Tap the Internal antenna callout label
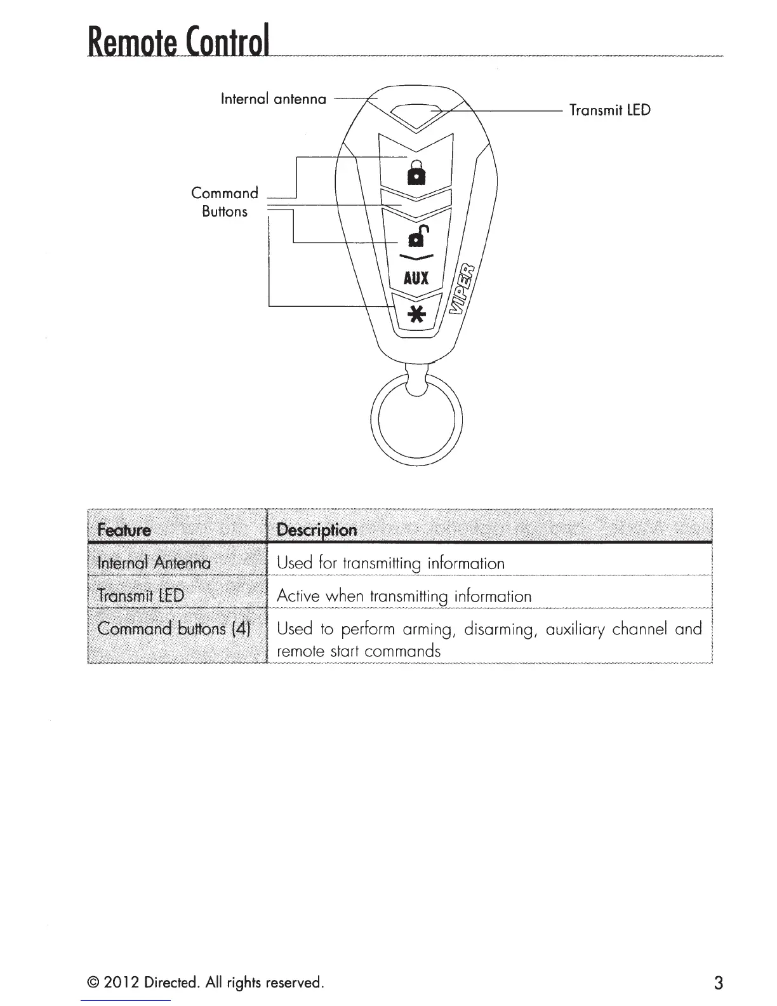(x=273, y=99)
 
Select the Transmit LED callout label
(x=609, y=111)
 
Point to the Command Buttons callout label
(x=225, y=202)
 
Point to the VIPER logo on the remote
(x=465, y=289)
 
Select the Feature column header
(x=124, y=530)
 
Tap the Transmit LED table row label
(x=140, y=596)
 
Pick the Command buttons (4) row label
(x=174, y=629)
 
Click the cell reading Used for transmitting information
(x=391, y=563)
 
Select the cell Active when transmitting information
(x=404, y=596)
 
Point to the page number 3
(x=718, y=983)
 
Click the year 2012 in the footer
(x=119, y=983)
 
